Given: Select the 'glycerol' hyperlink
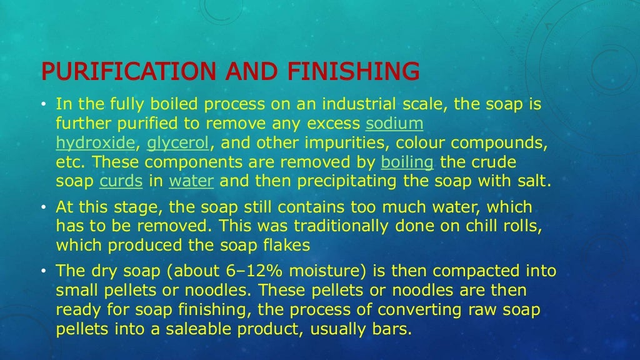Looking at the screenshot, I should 178,143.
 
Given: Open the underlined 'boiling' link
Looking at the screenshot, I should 407,162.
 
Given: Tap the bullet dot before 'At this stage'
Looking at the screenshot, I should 45,207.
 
